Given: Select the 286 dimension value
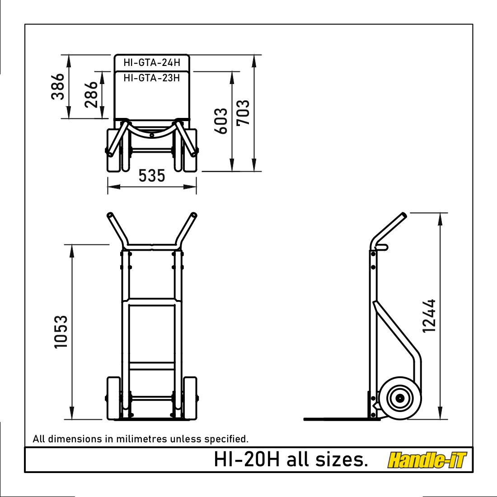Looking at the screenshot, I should (x=92, y=94).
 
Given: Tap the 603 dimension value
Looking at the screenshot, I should (x=221, y=121).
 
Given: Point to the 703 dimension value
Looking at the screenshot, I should (x=243, y=113).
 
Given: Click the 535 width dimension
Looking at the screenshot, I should (x=152, y=176).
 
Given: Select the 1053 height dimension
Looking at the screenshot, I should (x=61, y=332).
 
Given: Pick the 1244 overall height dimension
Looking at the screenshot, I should (x=429, y=316).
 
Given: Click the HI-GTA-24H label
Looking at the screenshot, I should (x=152, y=63).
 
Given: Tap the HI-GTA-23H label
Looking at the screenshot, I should (x=152, y=78).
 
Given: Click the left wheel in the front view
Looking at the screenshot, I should (x=113, y=398).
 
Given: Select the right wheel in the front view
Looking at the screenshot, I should (x=190, y=398).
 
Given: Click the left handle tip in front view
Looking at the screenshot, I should (x=109, y=216).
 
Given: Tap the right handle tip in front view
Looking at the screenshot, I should (x=194, y=216).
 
